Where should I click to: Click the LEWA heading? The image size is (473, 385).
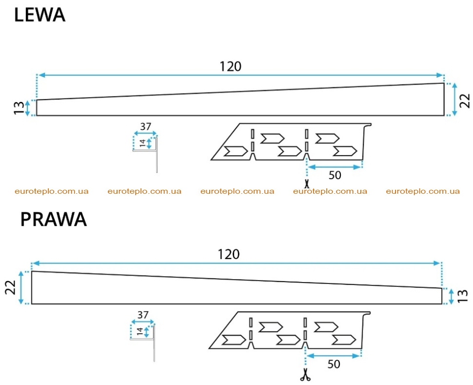[39, 15]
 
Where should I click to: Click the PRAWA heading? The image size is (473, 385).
[53, 219]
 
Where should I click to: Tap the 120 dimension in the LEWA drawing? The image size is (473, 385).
[231, 66]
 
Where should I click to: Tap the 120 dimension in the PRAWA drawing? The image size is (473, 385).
[229, 254]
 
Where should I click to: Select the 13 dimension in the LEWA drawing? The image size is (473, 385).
[19, 108]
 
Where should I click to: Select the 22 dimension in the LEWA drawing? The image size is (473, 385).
[465, 101]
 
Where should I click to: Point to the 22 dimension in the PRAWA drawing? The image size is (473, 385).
[11, 287]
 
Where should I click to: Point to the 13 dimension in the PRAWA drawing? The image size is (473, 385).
[462, 296]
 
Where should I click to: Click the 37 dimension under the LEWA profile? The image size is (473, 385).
[145, 126]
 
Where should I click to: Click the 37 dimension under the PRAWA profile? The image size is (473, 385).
[143, 315]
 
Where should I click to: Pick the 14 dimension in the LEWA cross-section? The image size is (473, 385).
[143, 143]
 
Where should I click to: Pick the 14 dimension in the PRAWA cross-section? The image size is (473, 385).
[139, 331]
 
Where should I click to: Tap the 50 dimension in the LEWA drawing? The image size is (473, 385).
[335, 175]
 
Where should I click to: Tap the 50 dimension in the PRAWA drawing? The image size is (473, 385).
[334, 364]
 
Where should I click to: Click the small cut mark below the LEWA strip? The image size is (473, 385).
[307, 183]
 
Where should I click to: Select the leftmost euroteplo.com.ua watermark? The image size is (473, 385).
[52, 191]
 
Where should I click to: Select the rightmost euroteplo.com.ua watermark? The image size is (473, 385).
[423, 191]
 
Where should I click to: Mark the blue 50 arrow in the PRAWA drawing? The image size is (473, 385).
[334, 356]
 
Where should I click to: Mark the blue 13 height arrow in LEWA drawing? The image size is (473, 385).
[28, 108]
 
